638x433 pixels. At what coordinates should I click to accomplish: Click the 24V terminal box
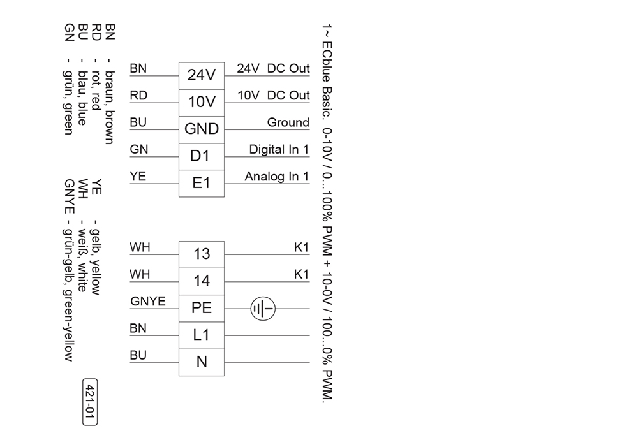[201, 75]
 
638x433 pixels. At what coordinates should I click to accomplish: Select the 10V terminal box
[201, 102]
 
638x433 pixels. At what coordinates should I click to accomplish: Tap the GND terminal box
[201, 129]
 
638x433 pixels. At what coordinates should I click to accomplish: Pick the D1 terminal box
[201, 156]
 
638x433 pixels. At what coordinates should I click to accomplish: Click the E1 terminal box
[201, 183]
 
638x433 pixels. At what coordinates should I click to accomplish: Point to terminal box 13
[201, 254]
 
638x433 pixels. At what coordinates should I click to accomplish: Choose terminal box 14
[201, 281]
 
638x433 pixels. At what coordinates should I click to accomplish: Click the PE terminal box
[201, 308]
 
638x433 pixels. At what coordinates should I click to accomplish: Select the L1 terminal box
[201, 335]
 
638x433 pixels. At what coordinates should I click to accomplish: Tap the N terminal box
[201, 362]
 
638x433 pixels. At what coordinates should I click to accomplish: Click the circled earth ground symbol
[263, 308]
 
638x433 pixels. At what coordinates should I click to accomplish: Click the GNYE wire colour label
[147, 302]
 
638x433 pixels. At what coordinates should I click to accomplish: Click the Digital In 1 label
[279, 149]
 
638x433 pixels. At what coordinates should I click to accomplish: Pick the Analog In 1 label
[277, 177]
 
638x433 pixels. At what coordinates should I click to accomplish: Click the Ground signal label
[288, 122]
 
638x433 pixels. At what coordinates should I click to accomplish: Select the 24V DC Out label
[273, 68]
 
